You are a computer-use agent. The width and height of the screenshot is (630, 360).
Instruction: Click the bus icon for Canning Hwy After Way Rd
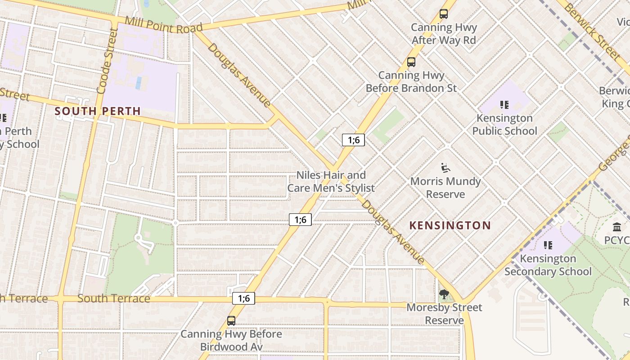(x=444, y=14)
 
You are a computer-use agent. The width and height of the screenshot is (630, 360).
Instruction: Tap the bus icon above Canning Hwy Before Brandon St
(x=411, y=62)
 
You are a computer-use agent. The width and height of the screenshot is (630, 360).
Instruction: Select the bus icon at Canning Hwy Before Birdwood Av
(x=231, y=321)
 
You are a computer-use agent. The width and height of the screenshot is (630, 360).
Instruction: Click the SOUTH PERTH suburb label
(x=98, y=111)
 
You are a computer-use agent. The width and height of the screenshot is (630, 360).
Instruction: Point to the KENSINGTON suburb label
(x=450, y=225)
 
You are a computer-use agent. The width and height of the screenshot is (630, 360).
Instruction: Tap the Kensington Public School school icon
(x=504, y=105)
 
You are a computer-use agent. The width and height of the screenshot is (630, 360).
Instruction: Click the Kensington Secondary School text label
(x=548, y=265)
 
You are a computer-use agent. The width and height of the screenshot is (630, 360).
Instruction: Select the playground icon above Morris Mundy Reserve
(x=445, y=168)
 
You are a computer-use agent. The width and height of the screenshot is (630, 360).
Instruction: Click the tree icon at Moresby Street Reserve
(x=444, y=295)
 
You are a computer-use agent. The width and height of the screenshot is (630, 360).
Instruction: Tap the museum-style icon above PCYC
(x=617, y=227)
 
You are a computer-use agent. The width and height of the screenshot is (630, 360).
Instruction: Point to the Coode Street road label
(x=107, y=61)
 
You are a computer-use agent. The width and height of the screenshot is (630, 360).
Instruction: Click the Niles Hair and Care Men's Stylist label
(x=331, y=181)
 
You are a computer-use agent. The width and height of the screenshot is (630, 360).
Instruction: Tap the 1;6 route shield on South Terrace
(x=243, y=298)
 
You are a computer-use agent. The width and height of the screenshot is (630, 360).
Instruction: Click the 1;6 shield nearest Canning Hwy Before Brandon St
(x=354, y=140)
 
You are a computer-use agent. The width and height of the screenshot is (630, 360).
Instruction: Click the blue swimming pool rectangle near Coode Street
(x=139, y=82)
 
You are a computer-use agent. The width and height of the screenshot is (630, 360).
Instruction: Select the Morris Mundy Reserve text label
(x=445, y=188)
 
